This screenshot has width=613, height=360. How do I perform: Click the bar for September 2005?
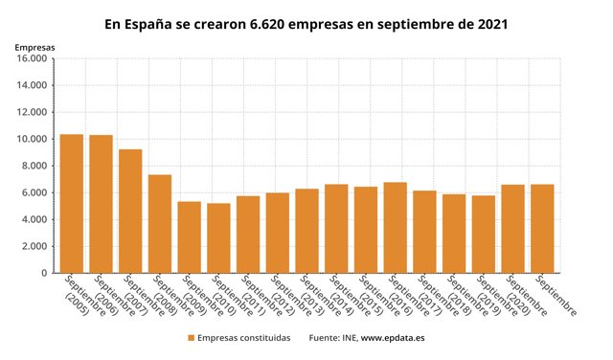pyautogui.click(x=72, y=204)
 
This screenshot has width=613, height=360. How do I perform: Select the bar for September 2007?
pyautogui.click(x=130, y=212)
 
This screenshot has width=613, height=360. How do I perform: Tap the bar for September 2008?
pyautogui.click(x=160, y=224)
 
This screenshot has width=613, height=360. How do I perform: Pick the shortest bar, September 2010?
pyautogui.click(x=218, y=238)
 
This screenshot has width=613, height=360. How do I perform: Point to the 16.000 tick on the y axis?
pyautogui.click(x=33, y=58)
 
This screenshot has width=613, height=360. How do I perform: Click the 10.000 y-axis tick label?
pyautogui.click(x=33, y=139)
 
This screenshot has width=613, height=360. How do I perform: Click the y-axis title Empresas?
pyautogui.click(x=34, y=46)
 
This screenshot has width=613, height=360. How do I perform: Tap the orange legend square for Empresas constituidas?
pyautogui.click(x=192, y=338)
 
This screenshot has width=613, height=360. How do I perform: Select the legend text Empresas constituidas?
pyautogui.click(x=243, y=338)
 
